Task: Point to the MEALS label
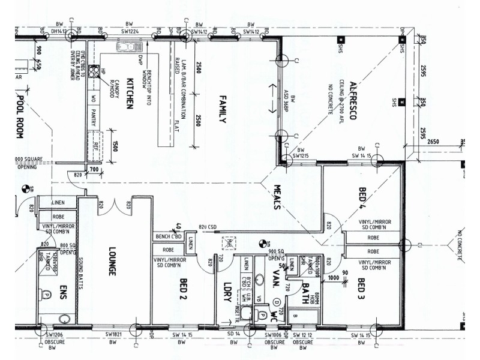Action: (x=277, y=196)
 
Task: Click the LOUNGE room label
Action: (x=111, y=262)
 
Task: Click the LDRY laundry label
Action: (x=227, y=291)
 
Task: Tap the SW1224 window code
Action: (x=130, y=31)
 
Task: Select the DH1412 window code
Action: (x=59, y=31)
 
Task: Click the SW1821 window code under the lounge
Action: (x=113, y=334)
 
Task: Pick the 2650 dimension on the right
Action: (x=434, y=142)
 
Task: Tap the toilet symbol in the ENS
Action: (x=47, y=294)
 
